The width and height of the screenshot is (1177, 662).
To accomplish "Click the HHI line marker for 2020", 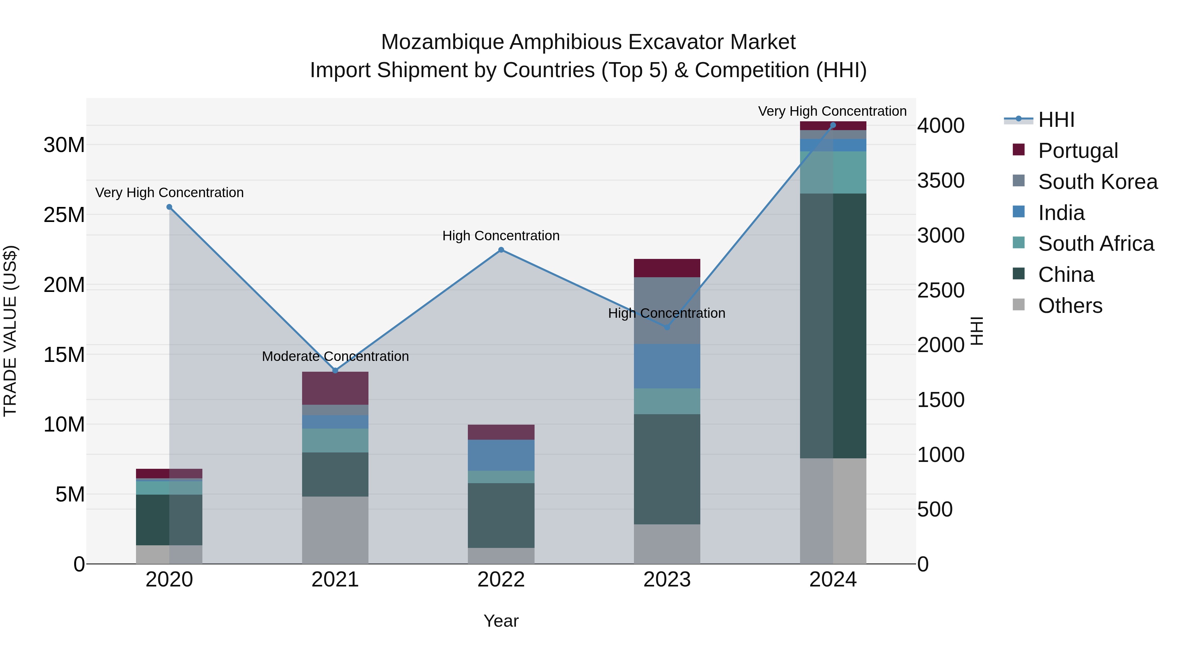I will click(169, 207).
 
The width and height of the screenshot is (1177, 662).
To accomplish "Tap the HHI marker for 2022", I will click(501, 250).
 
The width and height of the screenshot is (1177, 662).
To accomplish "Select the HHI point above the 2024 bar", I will click(832, 125).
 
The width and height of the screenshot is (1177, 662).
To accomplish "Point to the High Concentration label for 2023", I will click(666, 314).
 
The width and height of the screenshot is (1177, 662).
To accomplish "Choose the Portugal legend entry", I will click(1077, 151).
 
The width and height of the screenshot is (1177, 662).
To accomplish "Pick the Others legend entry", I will click(1070, 306).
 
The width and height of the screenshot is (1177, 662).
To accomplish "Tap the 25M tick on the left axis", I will click(64, 215).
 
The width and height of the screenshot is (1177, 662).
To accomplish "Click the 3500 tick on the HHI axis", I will click(941, 180).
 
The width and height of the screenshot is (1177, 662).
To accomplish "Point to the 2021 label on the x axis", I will click(335, 580).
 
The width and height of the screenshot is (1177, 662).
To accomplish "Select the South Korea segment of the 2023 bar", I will click(667, 311).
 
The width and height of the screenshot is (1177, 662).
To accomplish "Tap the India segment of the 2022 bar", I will click(501, 455).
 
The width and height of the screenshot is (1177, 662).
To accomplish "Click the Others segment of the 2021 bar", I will click(335, 530).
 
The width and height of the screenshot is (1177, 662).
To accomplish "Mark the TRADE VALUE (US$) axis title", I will click(10, 331).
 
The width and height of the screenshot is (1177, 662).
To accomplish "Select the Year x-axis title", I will click(501, 621).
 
